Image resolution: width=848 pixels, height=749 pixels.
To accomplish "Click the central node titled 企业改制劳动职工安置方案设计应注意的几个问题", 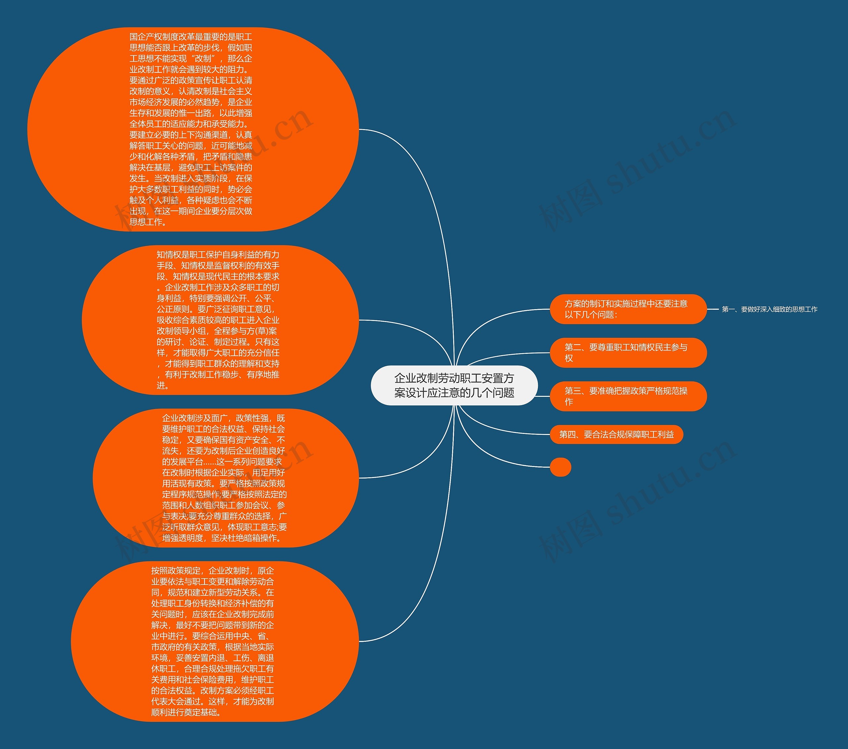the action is tap(454, 386).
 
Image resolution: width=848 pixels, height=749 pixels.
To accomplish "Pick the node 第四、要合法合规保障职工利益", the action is tap(616, 434).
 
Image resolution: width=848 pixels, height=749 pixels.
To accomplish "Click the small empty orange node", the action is tap(560, 467).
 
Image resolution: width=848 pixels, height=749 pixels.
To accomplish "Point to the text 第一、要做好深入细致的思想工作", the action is tap(769, 309).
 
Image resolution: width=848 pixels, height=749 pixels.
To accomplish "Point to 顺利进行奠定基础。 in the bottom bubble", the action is tap(186, 713).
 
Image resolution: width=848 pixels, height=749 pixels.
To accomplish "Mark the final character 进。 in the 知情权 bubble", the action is tap(162, 386).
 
